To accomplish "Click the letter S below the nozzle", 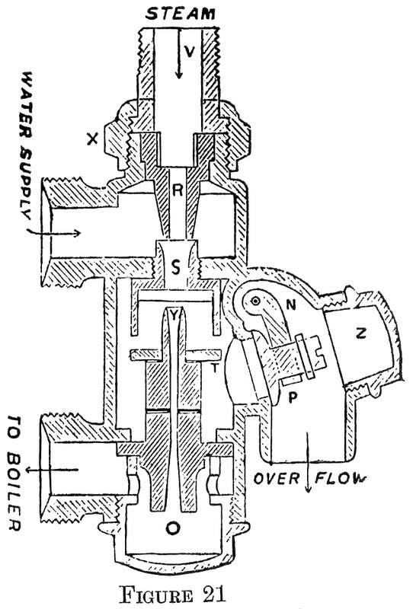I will (x=176, y=266).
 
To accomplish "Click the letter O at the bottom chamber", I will (x=176, y=528).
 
